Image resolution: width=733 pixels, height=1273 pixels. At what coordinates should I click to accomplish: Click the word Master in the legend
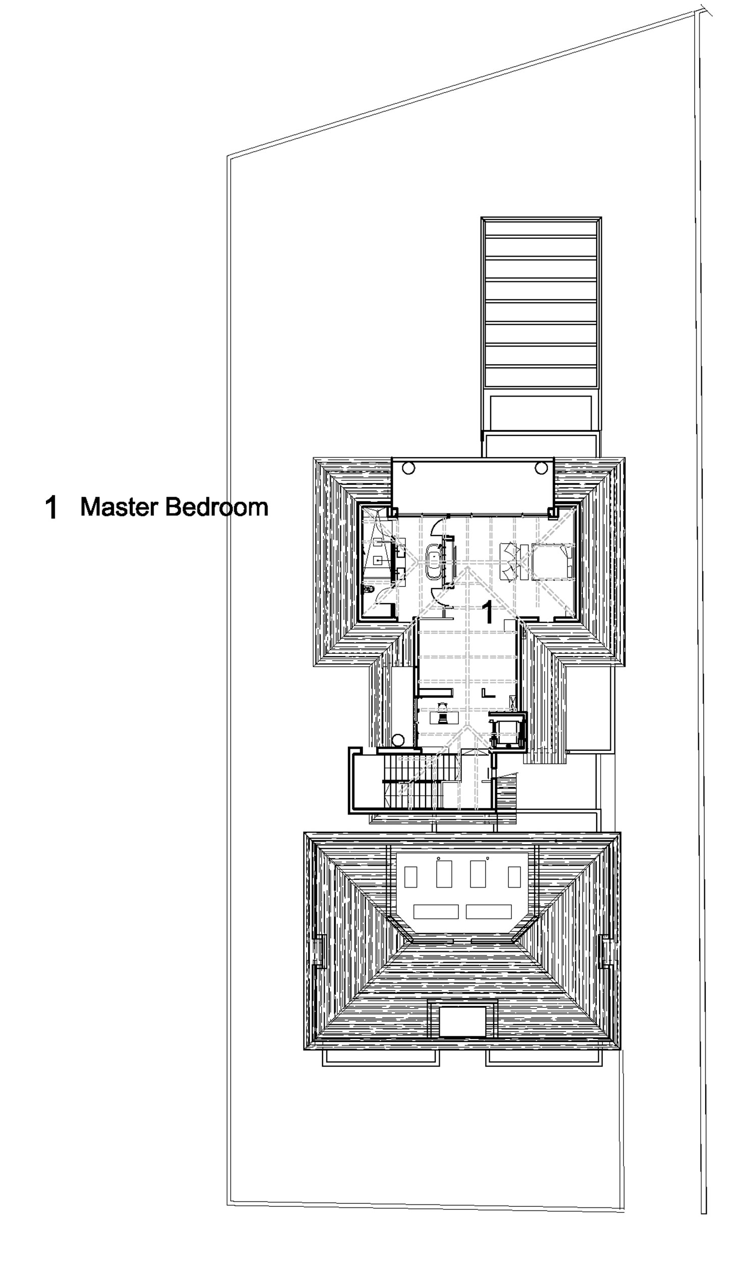120,507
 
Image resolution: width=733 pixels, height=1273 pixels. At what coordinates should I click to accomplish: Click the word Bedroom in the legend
217,507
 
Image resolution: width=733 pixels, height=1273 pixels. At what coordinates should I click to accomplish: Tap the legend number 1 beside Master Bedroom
51,507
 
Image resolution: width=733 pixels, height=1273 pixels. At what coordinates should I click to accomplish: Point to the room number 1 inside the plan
487,612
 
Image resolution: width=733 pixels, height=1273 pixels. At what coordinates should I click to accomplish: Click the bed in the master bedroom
551,561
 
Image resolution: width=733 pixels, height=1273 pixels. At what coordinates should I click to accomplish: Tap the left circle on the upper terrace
408,468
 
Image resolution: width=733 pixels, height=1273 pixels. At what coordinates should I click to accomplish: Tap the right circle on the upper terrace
541,468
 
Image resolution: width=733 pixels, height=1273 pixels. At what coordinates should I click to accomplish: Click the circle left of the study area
398,740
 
